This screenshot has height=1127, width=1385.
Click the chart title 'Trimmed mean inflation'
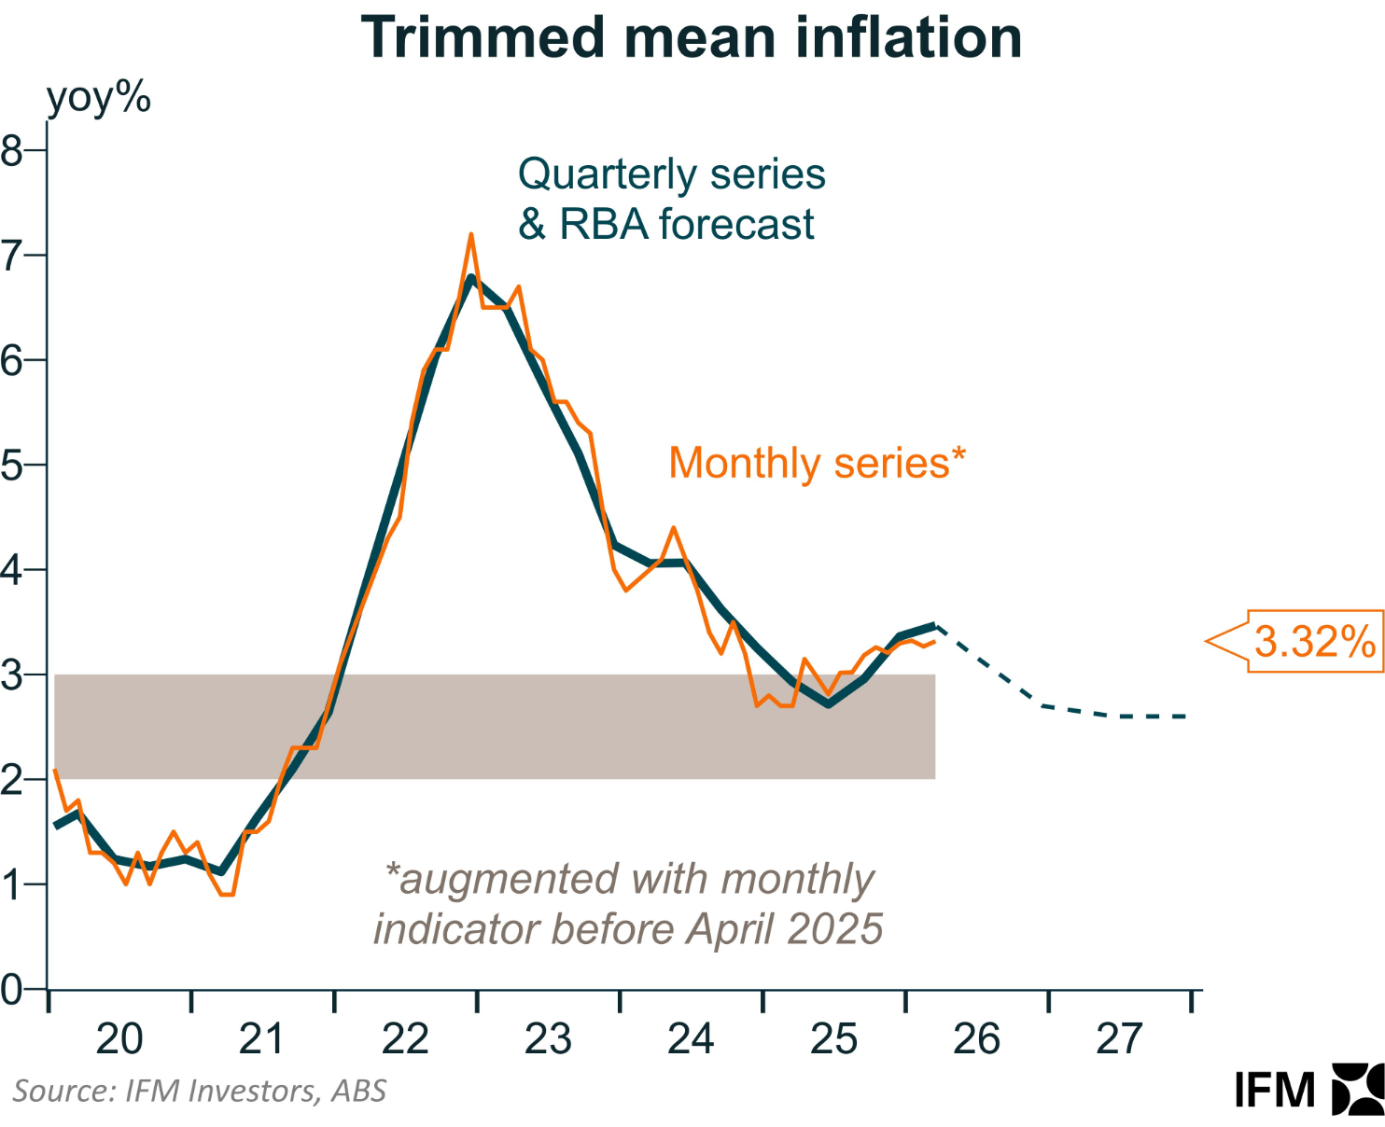tap(692, 37)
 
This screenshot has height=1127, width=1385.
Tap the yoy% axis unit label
tap(98, 97)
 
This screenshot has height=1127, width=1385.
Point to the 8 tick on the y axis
tap(12, 150)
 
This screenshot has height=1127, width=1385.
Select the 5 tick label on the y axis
tap(12, 465)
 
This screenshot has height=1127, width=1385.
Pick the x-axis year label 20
tap(119, 1038)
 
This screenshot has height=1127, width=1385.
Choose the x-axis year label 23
tap(548, 1038)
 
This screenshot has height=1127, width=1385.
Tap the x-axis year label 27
tap(1119, 1038)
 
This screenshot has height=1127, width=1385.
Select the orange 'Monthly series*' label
tap(817, 463)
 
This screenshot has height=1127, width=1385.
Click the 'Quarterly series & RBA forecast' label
tap(671, 199)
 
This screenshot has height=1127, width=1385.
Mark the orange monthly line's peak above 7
tap(471, 235)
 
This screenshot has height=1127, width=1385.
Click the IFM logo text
tap(1275, 1090)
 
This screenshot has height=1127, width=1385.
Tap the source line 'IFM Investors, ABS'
tap(199, 1091)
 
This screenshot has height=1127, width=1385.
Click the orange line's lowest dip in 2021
tap(227, 895)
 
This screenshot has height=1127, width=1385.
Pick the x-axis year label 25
tap(833, 1038)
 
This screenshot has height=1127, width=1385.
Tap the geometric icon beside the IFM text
tap(1358, 1089)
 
